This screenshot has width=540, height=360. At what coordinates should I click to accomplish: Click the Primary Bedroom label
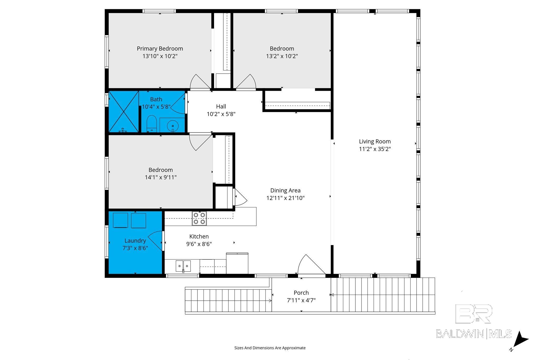click(x=160, y=48)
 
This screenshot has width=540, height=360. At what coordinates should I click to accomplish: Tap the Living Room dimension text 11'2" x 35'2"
click(x=375, y=149)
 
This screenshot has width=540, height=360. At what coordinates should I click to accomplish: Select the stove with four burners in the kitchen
click(x=199, y=218)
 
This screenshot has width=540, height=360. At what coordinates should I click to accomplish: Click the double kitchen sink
click(x=183, y=266)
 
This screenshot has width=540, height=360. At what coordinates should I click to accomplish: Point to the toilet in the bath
click(x=152, y=123)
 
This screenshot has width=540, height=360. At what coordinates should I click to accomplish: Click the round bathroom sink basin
click(x=173, y=126)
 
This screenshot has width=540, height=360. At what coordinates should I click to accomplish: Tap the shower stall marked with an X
click(x=124, y=111)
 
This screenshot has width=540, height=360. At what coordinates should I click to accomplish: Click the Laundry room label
click(x=135, y=241)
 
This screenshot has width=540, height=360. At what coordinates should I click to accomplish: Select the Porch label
click(x=301, y=293)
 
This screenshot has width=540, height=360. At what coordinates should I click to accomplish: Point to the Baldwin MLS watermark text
click(x=474, y=334)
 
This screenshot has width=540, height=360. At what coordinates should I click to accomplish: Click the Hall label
click(x=221, y=106)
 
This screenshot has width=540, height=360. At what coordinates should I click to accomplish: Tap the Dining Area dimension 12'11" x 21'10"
click(x=285, y=198)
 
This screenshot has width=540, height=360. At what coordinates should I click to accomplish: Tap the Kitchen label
click(x=199, y=236)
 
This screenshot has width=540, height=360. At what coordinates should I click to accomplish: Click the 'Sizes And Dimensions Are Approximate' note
click(x=270, y=348)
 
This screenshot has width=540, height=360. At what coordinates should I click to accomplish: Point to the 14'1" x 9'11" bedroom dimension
click(x=161, y=177)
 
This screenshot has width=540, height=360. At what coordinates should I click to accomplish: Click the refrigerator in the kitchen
click(x=237, y=263)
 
